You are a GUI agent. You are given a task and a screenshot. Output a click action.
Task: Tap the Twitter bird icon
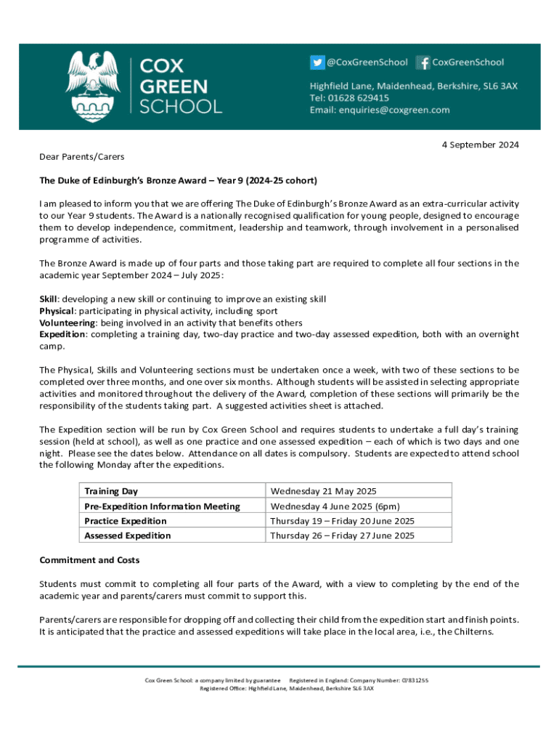[317, 63]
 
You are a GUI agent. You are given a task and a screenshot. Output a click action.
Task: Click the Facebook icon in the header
[425, 63]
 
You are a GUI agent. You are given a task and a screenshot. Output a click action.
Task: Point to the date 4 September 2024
[480, 145]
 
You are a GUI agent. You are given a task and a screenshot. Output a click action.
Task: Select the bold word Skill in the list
[48, 299]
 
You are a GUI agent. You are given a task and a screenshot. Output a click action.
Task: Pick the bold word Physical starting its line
[56, 311]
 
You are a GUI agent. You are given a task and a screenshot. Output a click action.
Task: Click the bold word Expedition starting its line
[62, 334]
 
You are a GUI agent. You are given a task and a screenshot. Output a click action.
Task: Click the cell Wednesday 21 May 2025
[323, 492]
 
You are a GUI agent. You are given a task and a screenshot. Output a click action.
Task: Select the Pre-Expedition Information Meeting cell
[162, 506]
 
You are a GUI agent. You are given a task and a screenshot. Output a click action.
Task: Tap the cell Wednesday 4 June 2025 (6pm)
[335, 506]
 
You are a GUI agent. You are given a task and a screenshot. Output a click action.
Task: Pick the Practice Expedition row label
[126, 521]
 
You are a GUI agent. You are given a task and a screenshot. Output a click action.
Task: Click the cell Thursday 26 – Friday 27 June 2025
[342, 535]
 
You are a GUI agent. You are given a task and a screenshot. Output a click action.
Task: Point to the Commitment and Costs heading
[89, 560]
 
